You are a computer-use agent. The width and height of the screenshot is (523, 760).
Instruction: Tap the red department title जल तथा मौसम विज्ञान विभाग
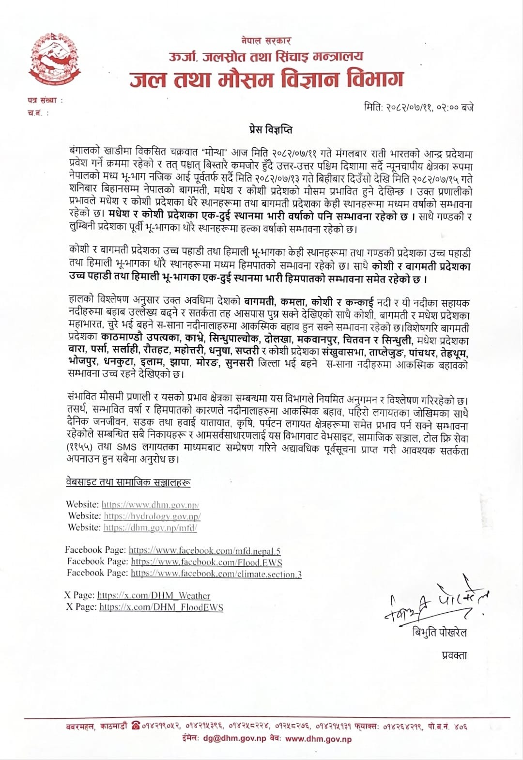pos(266,79)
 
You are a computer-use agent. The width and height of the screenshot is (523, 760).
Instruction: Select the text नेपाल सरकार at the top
pos(266,41)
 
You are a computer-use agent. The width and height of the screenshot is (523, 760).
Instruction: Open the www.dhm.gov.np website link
pos(150,505)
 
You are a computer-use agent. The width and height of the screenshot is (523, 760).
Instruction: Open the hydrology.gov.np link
pos(152,516)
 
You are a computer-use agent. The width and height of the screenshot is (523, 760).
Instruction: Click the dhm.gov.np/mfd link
pos(150,528)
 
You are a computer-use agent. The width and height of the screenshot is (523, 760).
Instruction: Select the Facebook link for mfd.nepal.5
pos(204,551)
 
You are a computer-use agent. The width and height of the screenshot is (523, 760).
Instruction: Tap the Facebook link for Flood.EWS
pos(206,562)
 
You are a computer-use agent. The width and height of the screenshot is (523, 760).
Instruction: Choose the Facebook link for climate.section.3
pos(216,574)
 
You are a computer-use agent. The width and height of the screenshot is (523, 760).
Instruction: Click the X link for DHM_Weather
pos(154,596)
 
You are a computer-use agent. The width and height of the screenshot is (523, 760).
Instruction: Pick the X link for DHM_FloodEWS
pos(161,607)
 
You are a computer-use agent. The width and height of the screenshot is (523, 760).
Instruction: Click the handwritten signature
pos(436,603)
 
